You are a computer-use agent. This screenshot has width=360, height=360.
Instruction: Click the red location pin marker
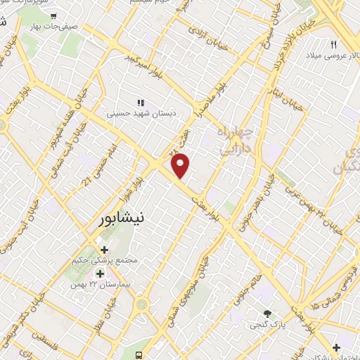[181, 166]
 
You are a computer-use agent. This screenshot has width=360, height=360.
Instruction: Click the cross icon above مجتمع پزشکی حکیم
[105, 250]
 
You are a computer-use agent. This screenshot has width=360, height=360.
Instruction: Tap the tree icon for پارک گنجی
[266, 314]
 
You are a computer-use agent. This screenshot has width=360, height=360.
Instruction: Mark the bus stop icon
[139, 354]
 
